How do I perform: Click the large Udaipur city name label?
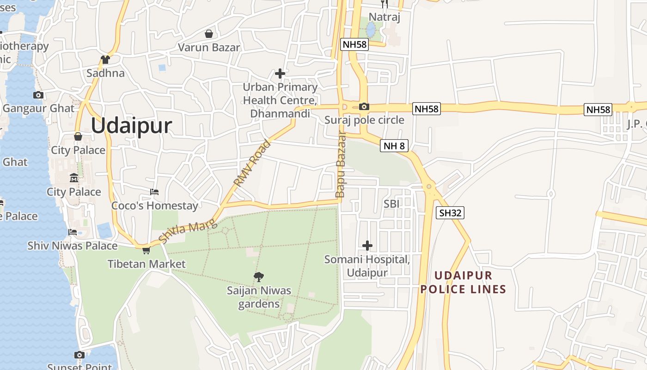131,126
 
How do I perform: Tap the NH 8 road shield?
394,146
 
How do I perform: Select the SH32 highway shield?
450,213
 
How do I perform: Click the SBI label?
391,203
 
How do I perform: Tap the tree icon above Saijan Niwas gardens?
259,277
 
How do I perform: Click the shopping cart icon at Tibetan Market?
146,250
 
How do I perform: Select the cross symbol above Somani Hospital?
367,245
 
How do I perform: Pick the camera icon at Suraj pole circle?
364,107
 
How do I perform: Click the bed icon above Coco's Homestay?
154,192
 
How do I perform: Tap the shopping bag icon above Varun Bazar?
209,34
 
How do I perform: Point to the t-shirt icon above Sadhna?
105,60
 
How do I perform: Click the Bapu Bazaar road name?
341,165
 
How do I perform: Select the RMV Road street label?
252,164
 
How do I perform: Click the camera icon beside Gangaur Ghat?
38,95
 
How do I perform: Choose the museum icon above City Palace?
74,178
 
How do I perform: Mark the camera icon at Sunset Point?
79,355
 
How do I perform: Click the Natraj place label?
384,18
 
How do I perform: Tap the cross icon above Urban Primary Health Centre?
280,73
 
